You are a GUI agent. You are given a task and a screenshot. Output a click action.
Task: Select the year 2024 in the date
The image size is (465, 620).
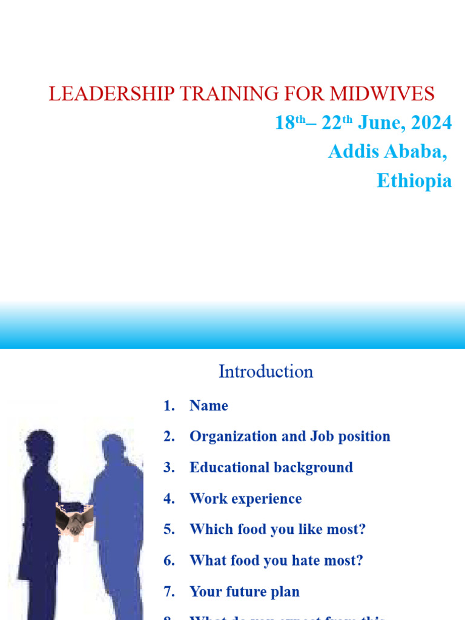point(431,123)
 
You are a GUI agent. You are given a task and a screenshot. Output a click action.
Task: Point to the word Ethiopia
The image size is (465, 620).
point(414,180)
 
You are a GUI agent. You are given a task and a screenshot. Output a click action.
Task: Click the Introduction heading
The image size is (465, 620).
point(266,371)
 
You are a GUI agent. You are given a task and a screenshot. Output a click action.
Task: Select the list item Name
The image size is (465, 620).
point(209,406)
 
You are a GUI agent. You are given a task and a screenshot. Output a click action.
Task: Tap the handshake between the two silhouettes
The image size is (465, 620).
point(74,517)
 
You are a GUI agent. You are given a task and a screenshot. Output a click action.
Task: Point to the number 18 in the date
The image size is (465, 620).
point(285,123)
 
